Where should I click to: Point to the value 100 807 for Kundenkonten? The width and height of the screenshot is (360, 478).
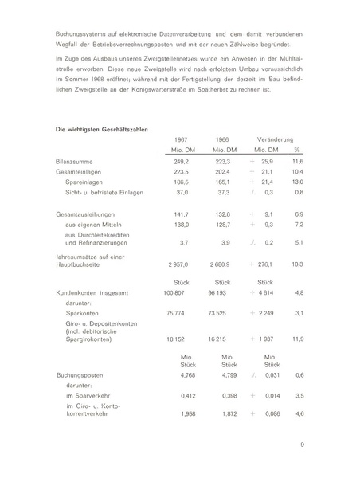click(x=178, y=293)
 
